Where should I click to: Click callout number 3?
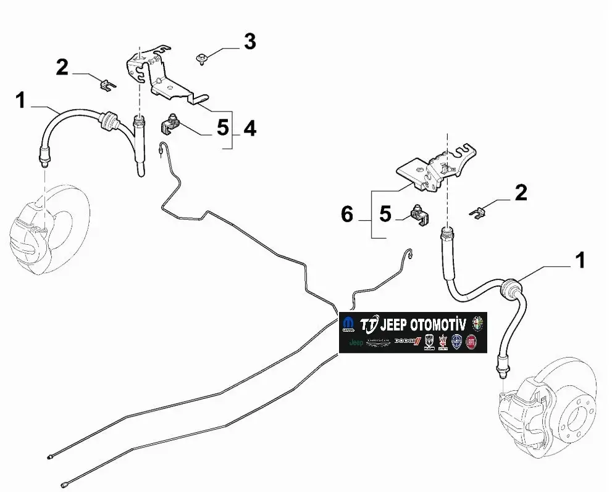click(249, 42)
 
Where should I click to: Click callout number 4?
click(249, 128)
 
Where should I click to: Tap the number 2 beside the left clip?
click(62, 67)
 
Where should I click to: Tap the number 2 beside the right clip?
click(521, 193)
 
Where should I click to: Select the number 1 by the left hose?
click(20, 100)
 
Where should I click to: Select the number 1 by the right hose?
click(580, 260)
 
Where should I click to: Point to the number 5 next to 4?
click(222, 128)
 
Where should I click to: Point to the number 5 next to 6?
click(385, 214)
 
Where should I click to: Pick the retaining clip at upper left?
click(107, 84)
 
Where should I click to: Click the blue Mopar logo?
click(348, 326)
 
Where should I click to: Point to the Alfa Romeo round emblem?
click(477, 323)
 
